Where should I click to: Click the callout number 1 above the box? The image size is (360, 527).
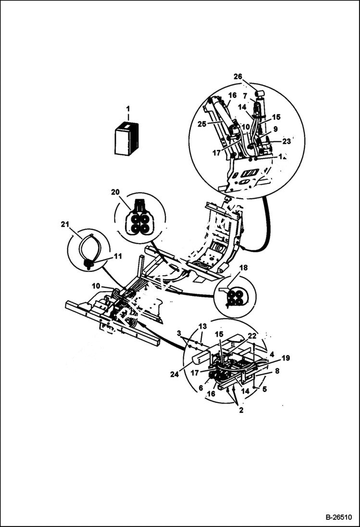click(x=128, y=110)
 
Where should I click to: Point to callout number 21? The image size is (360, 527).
click(x=65, y=224)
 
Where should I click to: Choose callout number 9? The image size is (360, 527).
click(x=275, y=129)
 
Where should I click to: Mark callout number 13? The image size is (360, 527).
click(x=202, y=326)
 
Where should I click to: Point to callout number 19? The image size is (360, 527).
click(x=286, y=358)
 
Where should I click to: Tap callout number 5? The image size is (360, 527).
click(x=264, y=389)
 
